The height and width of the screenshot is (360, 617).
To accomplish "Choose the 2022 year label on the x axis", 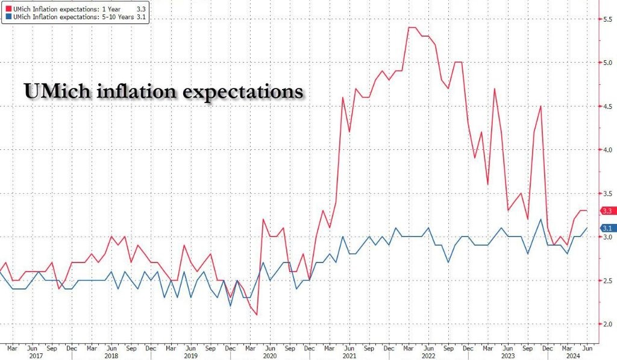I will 428,356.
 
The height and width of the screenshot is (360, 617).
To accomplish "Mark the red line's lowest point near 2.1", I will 257,314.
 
